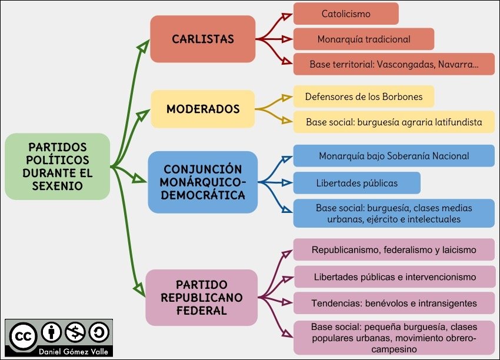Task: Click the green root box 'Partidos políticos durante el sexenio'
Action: (x=57, y=166)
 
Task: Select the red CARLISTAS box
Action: (x=203, y=39)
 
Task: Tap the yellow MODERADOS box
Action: (x=203, y=109)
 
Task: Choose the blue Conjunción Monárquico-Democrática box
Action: (x=203, y=182)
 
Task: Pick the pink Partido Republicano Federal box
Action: (x=201, y=297)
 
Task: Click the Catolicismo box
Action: (x=346, y=14)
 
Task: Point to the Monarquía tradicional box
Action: (x=364, y=39)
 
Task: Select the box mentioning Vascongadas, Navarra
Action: (x=394, y=64)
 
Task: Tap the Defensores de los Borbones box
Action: (x=364, y=96)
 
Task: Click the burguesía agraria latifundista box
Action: (x=394, y=122)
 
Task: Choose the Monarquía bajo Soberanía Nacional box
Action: (x=394, y=156)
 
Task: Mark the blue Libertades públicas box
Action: (x=356, y=183)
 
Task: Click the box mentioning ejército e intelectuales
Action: (x=394, y=214)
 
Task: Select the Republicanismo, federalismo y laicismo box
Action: (x=394, y=249)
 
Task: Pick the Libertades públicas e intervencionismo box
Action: (x=394, y=276)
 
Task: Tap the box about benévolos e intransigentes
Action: (x=394, y=303)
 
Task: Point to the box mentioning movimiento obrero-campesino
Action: (x=394, y=338)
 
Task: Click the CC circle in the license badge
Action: (x=23, y=335)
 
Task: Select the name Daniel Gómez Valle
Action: (x=58, y=351)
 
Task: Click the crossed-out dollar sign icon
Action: (x=75, y=333)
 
